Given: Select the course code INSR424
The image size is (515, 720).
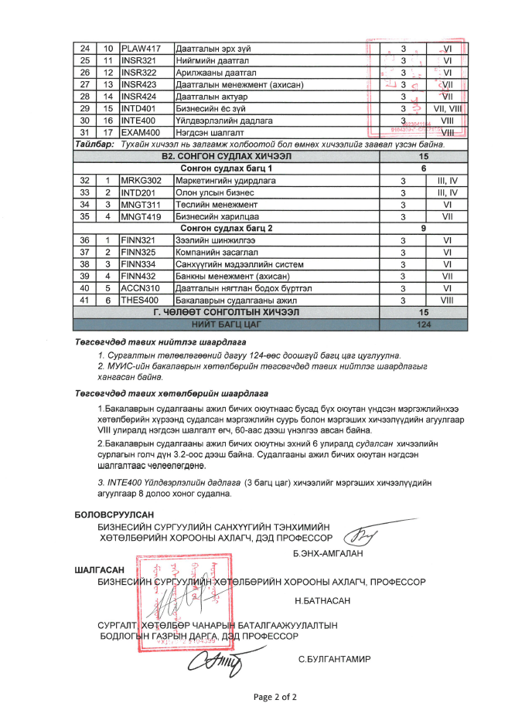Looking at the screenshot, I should (x=140, y=97).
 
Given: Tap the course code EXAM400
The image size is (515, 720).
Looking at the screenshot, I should (x=141, y=132).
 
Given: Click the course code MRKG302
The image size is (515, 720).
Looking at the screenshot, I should (x=142, y=180).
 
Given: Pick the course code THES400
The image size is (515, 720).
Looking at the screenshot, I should (x=140, y=300).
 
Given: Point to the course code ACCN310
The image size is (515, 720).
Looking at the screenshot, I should (x=140, y=288).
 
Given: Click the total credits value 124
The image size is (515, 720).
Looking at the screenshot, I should (x=422, y=324).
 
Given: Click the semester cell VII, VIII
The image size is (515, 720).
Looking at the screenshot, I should (x=447, y=108).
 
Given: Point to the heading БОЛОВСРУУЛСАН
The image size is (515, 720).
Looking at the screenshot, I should (x=114, y=514).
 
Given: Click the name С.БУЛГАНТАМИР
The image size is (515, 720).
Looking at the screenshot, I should (x=333, y=659).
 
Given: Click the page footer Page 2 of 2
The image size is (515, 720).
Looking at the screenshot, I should (x=275, y=697).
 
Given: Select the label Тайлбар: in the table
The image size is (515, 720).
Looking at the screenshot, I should (x=95, y=144).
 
